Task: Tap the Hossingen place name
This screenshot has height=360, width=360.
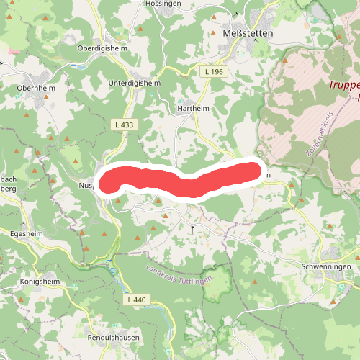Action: [163, 4]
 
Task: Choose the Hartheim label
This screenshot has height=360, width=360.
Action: [192, 109]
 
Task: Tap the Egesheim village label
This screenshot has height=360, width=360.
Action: [26, 234]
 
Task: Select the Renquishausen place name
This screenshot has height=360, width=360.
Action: [113, 337]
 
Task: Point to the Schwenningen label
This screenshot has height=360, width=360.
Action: [327, 266]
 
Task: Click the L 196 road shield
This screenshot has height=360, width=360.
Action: [214, 72]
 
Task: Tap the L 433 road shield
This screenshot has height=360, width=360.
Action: [124, 125]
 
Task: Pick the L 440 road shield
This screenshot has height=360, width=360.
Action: [135, 299]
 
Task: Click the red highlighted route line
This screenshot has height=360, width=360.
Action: [180, 180]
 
